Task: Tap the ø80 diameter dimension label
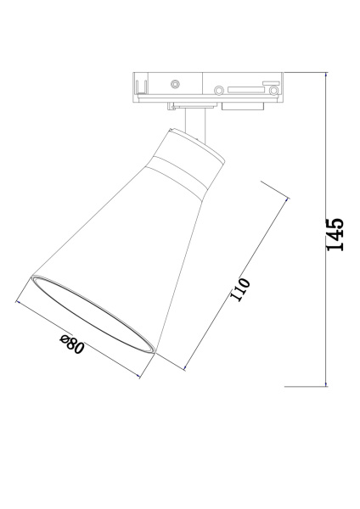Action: pos(72,344)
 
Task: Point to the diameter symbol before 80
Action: pos(65,339)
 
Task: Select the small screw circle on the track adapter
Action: pos(175,84)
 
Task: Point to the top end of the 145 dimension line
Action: pos(327,74)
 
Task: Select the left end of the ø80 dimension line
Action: pos(17,299)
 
